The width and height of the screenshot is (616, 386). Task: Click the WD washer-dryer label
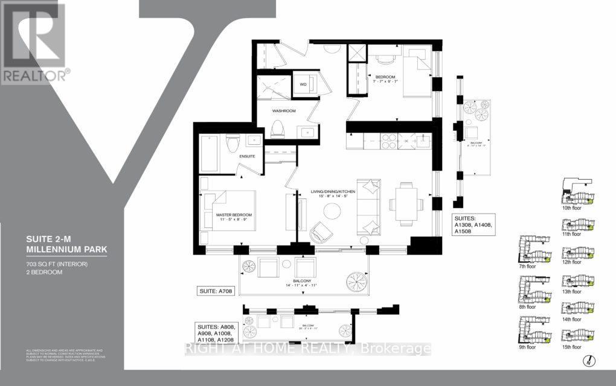[303, 84]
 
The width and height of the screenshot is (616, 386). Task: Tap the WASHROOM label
[283, 112]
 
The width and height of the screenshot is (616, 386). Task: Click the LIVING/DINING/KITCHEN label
[333, 191]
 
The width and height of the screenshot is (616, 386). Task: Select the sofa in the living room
[368, 207]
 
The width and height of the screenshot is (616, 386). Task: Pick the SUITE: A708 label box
[215, 291]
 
